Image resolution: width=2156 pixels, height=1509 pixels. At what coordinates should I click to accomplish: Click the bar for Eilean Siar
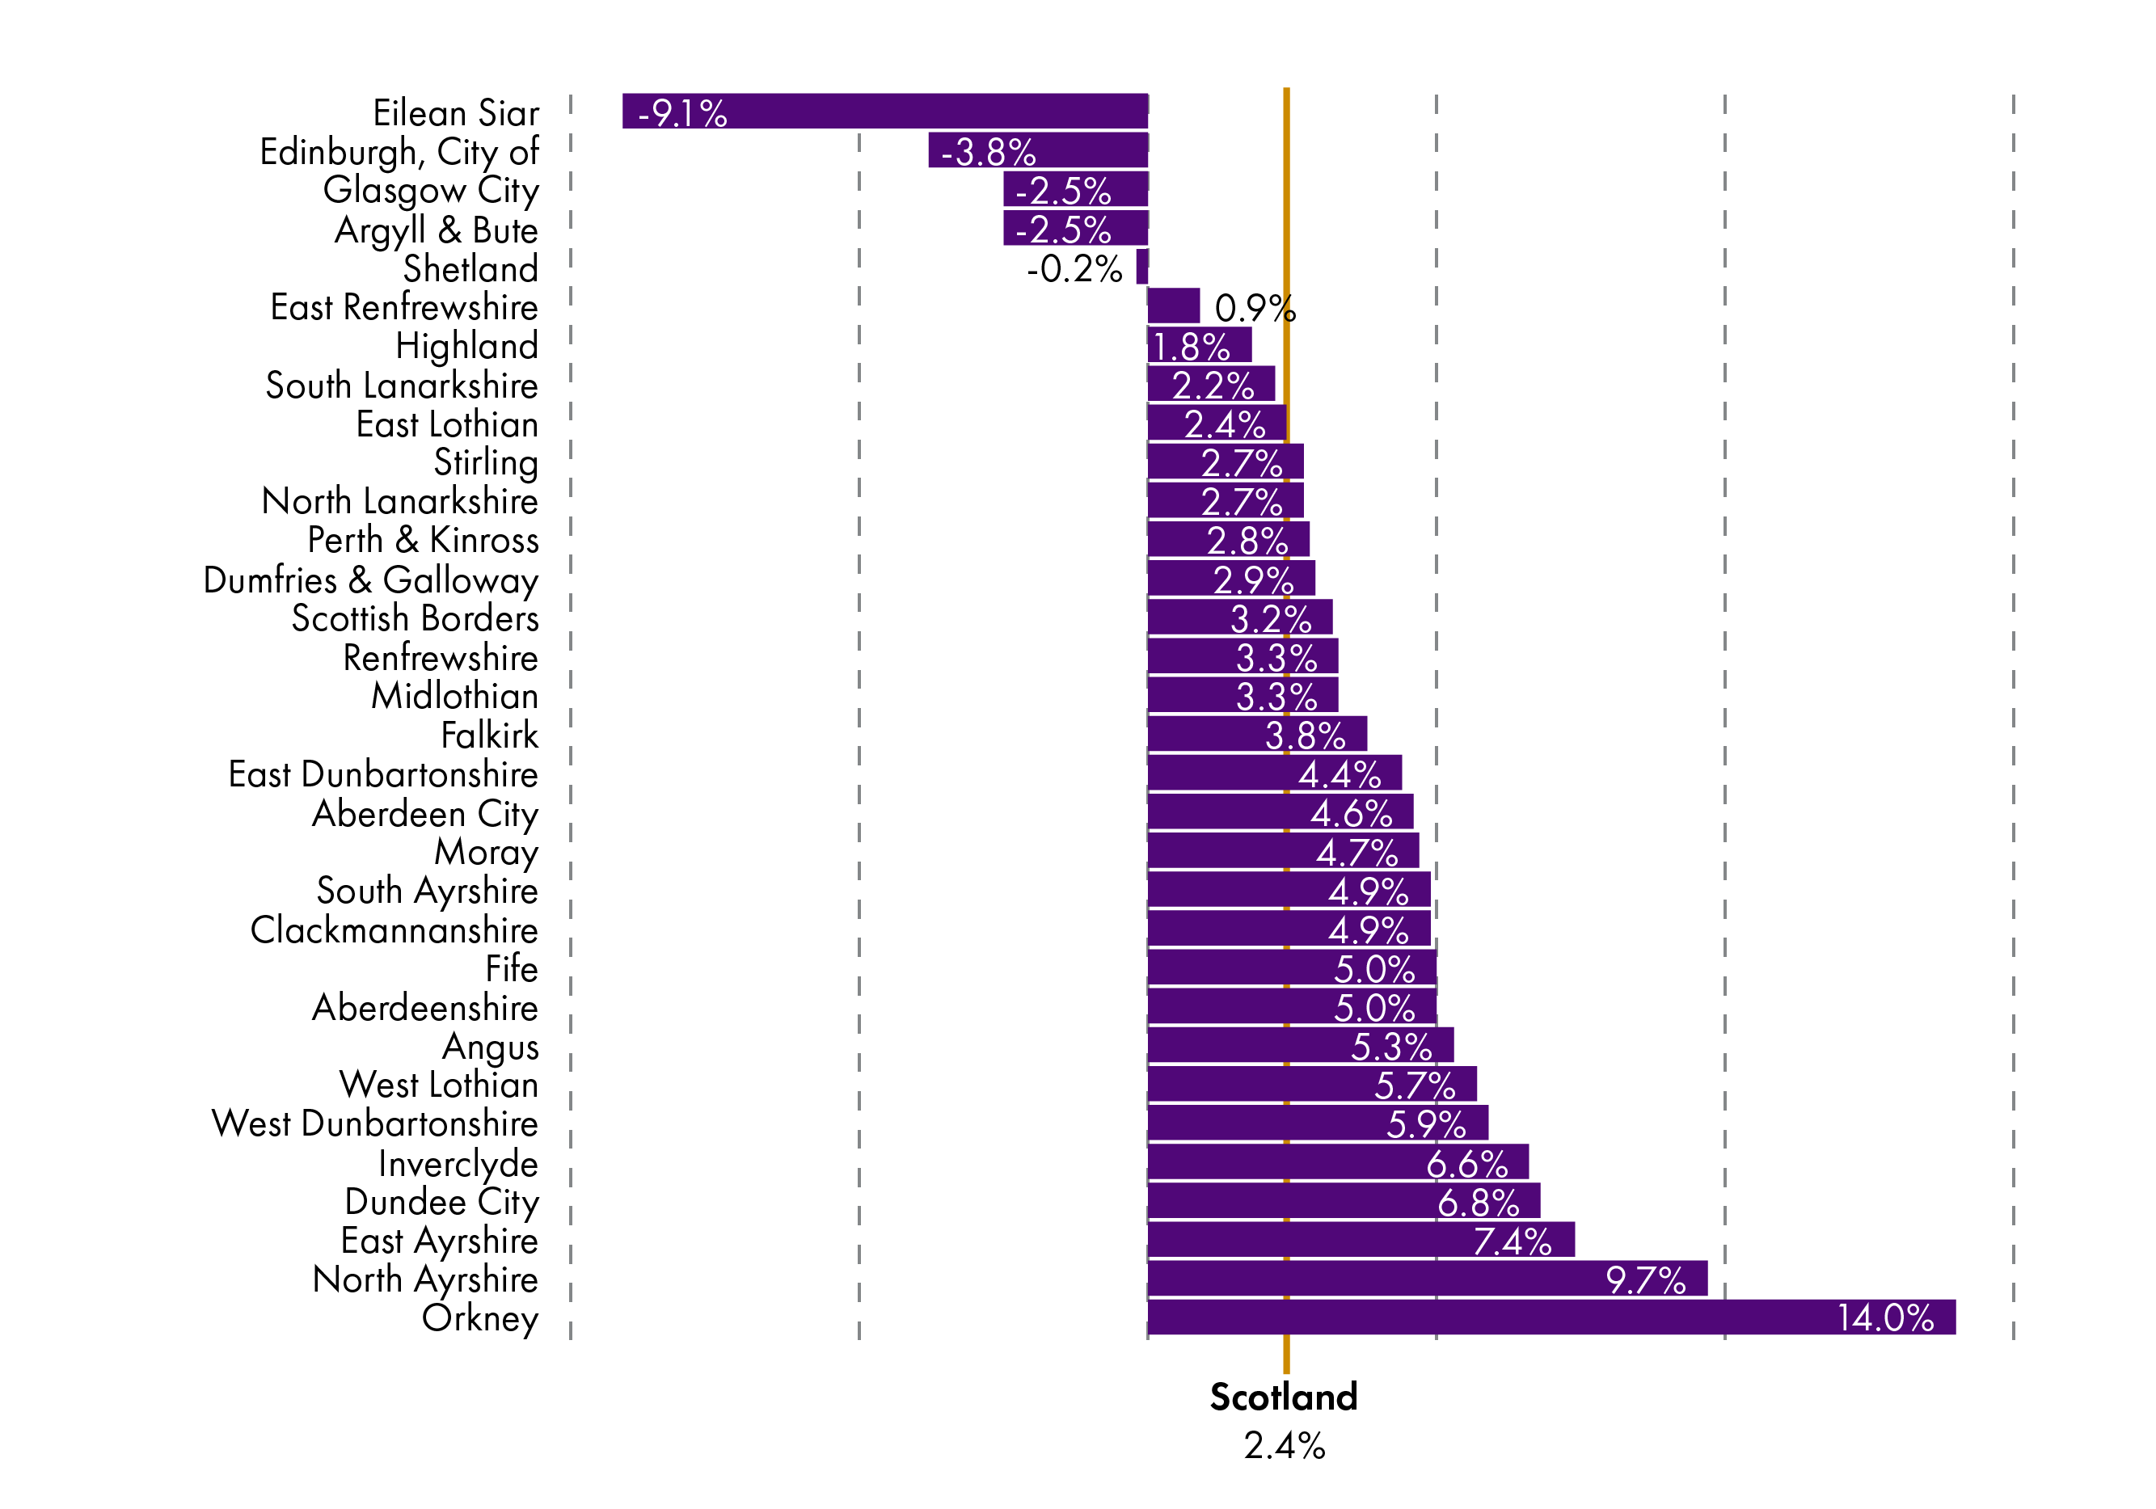(x=884, y=111)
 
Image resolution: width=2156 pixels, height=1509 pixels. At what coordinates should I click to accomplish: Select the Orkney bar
(x=1551, y=1317)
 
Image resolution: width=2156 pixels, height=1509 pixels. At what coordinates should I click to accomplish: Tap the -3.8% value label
(x=988, y=152)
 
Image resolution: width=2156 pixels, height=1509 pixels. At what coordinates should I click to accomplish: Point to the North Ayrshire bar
(x=1428, y=1278)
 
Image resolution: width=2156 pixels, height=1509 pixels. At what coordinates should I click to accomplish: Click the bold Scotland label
(x=1284, y=1397)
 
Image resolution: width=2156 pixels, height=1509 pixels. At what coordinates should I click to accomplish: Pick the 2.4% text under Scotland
(x=1284, y=1446)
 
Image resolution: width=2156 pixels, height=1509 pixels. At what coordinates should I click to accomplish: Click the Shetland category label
(x=470, y=268)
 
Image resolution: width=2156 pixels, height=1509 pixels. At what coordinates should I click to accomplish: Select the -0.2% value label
(x=1074, y=269)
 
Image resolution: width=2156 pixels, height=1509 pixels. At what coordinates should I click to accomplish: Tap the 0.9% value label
(x=1255, y=308)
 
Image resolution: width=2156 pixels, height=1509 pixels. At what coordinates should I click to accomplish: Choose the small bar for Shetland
(x=1141, y=267)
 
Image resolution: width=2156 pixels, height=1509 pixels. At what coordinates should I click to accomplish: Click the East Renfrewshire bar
(x=1174, y=306)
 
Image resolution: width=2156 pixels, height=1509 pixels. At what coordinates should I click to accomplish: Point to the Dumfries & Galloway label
(x=371, y=580)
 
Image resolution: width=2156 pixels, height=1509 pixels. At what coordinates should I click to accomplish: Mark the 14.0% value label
(x=1884, y=1317)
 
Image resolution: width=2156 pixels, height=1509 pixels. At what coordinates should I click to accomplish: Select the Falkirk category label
(x=489, y=736)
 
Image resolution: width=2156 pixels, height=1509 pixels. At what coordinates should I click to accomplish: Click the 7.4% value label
(x=1512, y=1241)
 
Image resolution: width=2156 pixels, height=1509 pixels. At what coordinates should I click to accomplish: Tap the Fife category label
(x=512, y=968)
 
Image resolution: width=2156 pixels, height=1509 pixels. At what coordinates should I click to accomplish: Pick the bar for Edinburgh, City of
(x=1038, y=150)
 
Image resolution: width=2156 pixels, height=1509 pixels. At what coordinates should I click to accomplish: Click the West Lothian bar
(x=1312, y=1084)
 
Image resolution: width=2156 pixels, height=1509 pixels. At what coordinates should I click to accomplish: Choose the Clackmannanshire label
(x=394, y=929)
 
